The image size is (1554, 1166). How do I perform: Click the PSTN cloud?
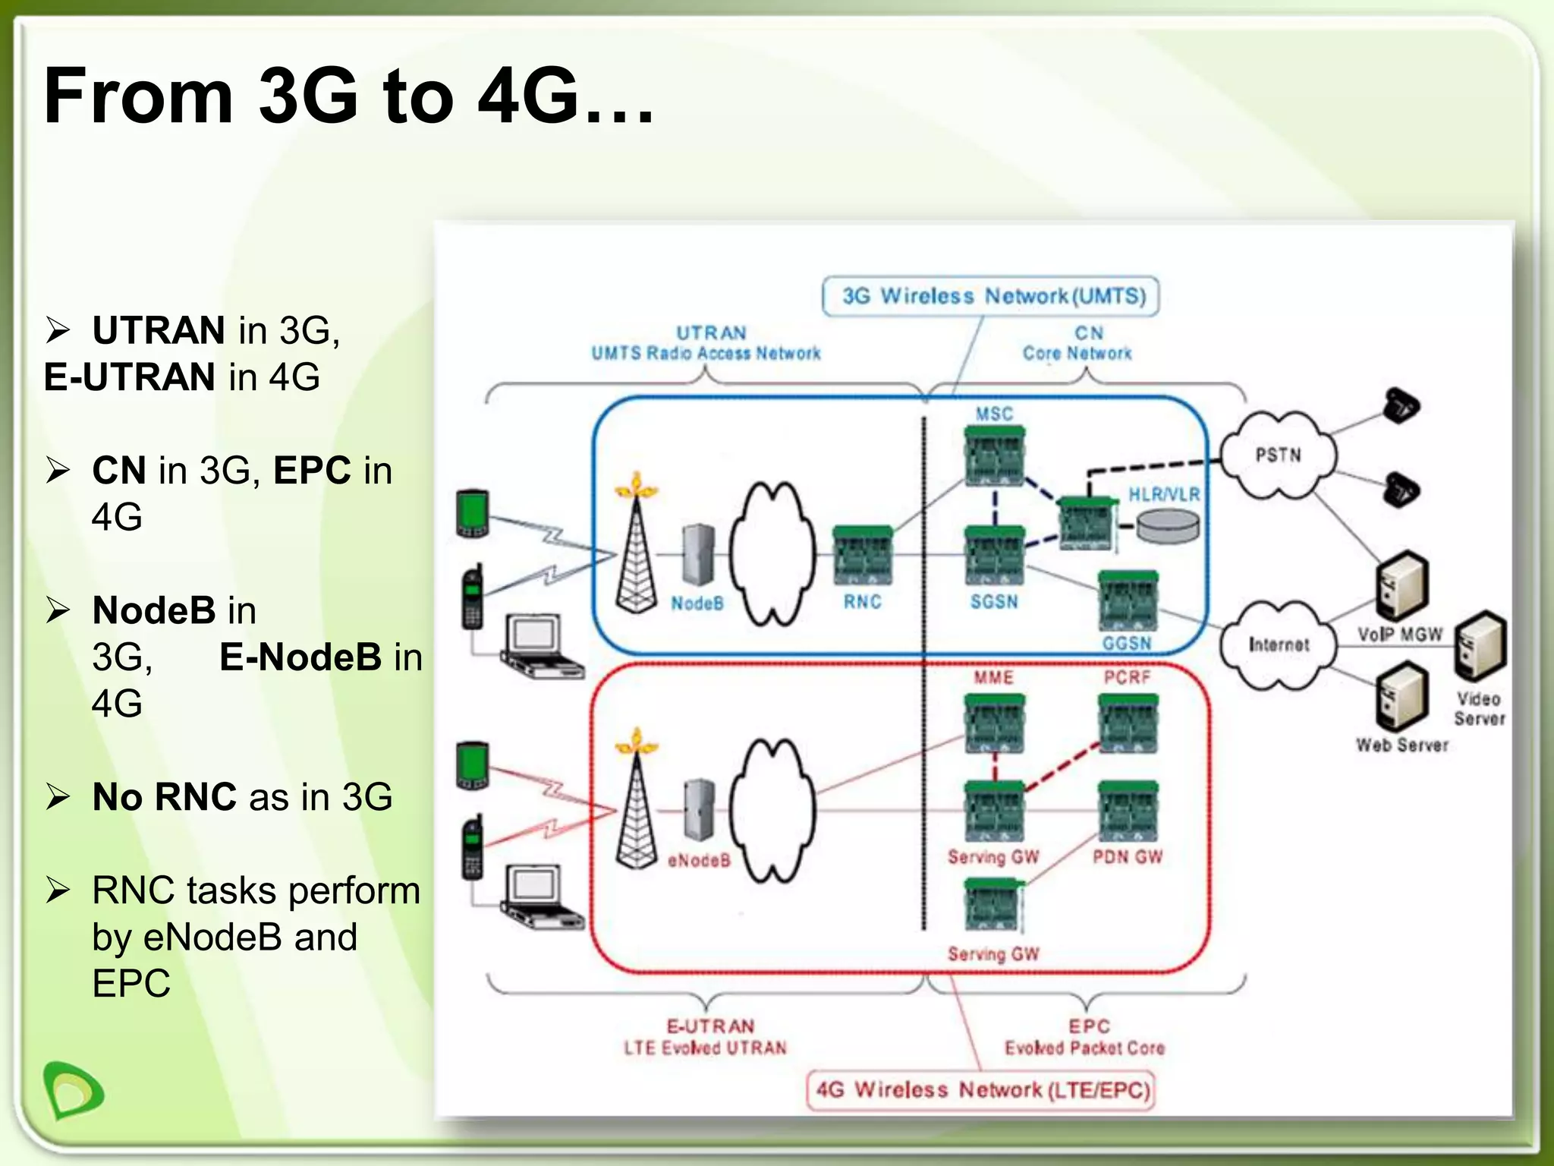pos(1279,455)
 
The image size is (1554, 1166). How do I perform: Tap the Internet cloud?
pos(1279,644)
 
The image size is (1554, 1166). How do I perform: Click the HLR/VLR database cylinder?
pos(1168,526)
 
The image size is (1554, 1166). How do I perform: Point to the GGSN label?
pos(1127,644)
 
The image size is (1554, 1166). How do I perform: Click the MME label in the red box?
pos(993,677)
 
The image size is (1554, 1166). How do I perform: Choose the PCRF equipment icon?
pos(1128,723)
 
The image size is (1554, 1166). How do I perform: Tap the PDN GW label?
pos(1128,857)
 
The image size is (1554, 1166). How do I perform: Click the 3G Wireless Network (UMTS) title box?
pos(991,296)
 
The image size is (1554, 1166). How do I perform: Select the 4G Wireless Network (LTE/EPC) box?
pos(981,1090)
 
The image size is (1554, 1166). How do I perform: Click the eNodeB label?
pos(699,860)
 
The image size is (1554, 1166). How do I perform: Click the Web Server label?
pos(1402,745)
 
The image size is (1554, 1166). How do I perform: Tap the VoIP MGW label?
pos(1399,635)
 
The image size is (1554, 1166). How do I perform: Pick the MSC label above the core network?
pos(994,414)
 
